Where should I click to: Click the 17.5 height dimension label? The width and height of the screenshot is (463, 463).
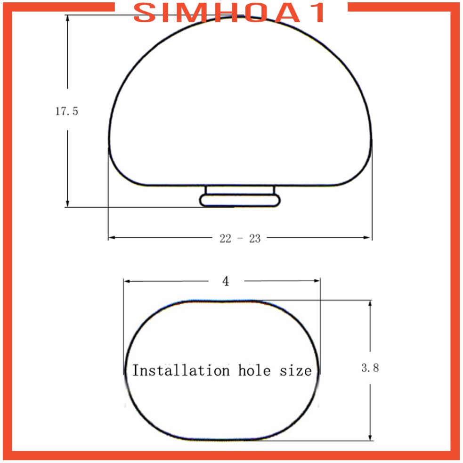pyautogui.click(x=67, y=111)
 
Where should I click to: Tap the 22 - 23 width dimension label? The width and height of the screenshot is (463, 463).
pyautogui.click(x=240, y=238)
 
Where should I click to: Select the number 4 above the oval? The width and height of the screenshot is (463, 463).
pyautogui.click(x=226, y=281)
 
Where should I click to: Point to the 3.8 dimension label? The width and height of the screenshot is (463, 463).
pyautogui.click(x=370, y=368)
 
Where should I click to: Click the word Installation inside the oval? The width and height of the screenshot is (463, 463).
pyautogui.click(x=181, y=370)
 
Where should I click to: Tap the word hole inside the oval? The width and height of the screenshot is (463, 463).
pyautogui.click(x=254, y=370)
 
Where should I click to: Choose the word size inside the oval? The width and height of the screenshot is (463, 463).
pyautogui.click(x=296, y=371)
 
